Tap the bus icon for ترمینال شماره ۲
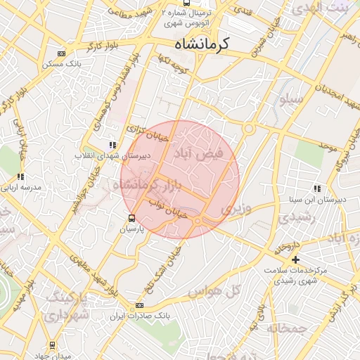[185, 3]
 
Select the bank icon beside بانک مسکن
[62, 53]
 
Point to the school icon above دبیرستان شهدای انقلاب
[112, 145]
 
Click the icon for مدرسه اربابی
[21, 177]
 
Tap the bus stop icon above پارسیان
[131, 218]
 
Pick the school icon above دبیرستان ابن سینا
[317, 188]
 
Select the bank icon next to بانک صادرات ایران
[139, 306]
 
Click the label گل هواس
[216, 290]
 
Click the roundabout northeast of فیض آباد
[248, 129]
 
